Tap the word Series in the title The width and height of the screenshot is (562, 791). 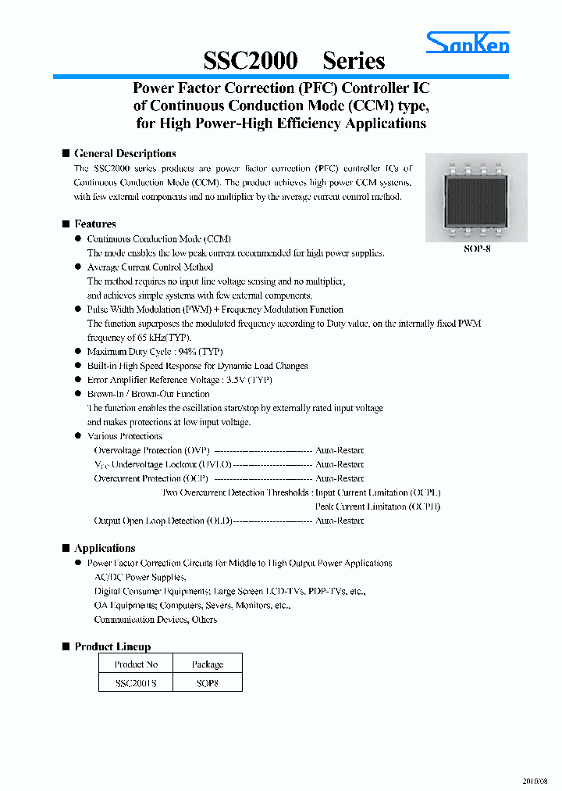354,61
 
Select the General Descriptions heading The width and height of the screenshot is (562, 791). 125,154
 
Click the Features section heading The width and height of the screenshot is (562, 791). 95,224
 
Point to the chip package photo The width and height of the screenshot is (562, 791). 475,197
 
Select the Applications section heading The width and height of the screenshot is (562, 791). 105,549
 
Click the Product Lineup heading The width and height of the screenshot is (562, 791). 112,647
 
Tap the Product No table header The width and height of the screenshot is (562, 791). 136,664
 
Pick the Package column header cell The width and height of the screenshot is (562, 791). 208,664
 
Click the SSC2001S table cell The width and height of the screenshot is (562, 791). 136,682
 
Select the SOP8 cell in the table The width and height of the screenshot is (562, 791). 208,682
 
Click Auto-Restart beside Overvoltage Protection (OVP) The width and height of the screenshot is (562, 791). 339,450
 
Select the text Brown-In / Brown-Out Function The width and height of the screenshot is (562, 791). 148,394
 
